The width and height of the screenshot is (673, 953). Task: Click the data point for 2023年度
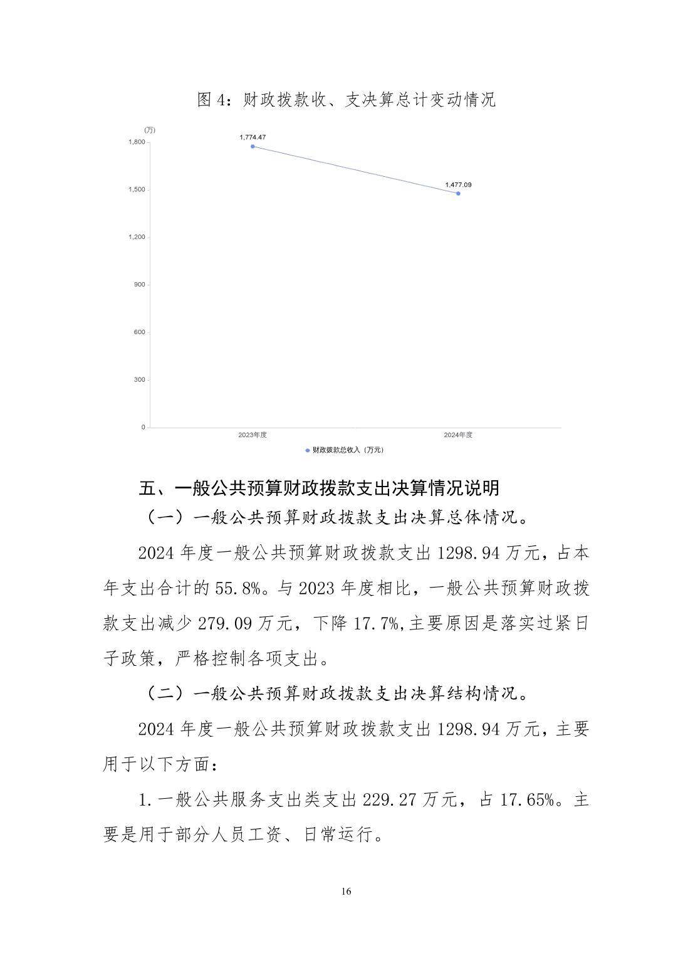click(x=253, y=146)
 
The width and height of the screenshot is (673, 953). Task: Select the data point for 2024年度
click(x=458, y=193)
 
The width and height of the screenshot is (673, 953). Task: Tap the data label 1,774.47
click(x=253, y=137)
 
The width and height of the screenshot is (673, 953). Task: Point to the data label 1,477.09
click(x=458, y=184)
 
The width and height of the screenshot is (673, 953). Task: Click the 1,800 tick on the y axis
click(x=137, y=142)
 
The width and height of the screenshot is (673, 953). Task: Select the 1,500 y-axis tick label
click(x=137, y=189)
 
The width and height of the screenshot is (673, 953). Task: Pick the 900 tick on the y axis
click(x=139, y=285)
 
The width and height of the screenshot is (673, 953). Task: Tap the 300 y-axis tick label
click(x=139, y=380)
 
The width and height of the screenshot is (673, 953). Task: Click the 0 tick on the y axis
click(x=143, y=427)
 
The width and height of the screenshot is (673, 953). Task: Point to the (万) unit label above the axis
click(x=150, y=130)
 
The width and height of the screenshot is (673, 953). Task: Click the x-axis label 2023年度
click(x=253, y=435)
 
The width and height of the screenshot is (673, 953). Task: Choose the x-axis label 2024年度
click(x=458, y=435)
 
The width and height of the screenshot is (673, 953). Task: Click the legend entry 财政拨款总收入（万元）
click(x=344, y=450)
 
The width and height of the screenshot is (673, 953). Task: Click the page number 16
click(x=347, y=892)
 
